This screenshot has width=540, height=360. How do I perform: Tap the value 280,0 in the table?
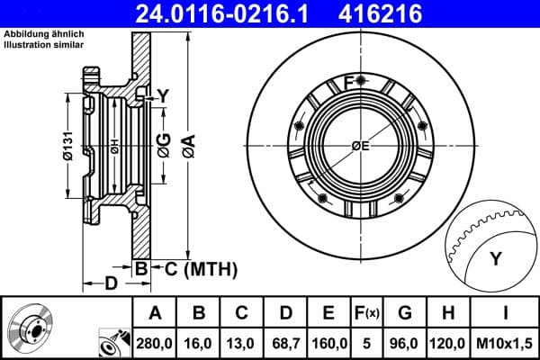tap(154, 344)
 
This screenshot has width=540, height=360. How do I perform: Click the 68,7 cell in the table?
tap(286, 344)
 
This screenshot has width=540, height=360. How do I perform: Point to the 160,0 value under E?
tap(329, 344)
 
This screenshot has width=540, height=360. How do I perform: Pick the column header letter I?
tap(507, 314)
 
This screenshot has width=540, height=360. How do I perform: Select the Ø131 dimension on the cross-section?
tap(68, 145)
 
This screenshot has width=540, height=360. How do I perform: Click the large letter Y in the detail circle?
tap(495, 259)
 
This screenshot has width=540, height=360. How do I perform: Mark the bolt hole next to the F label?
tap(361, 83)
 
